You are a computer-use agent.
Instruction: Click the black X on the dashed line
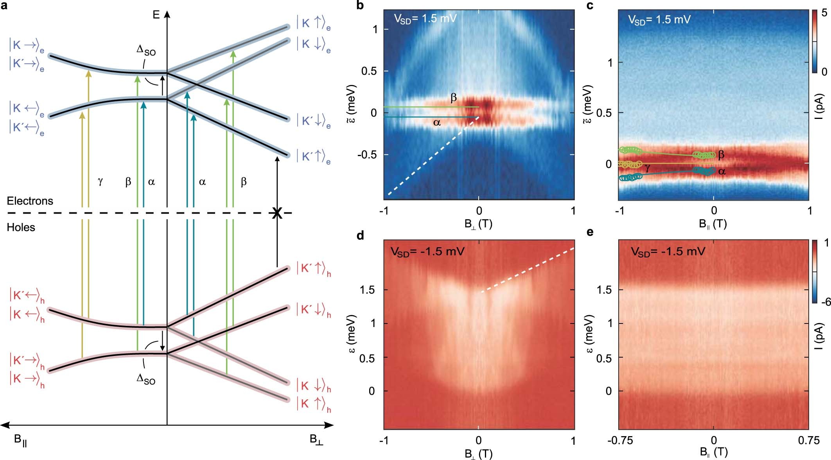coord(277,213)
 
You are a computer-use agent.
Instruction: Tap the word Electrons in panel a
coord(30,201)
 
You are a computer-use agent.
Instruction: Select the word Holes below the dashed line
coord(21,227)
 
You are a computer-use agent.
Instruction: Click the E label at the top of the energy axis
coord(156,15)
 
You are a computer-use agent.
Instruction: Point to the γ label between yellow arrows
coord(101,181)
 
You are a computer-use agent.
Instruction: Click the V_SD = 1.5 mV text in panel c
coord(659,20)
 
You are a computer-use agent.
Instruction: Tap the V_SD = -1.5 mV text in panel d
coord(427,251)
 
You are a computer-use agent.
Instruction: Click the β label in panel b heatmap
coord(454,97)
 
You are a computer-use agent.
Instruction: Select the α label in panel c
coord(722,171)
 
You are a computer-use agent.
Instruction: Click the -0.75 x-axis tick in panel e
coord(620,440)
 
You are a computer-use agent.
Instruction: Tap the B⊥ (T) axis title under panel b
coord(478,224)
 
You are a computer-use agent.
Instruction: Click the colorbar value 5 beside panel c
coord(824,13)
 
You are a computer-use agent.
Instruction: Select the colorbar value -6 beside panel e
coord(825,302)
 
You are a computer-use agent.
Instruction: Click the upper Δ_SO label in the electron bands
coord(146,51)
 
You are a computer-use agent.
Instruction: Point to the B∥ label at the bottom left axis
coord(20,440)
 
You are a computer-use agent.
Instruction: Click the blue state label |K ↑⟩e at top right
coord(313,23)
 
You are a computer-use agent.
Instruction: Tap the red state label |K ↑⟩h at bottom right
coord(313,404)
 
